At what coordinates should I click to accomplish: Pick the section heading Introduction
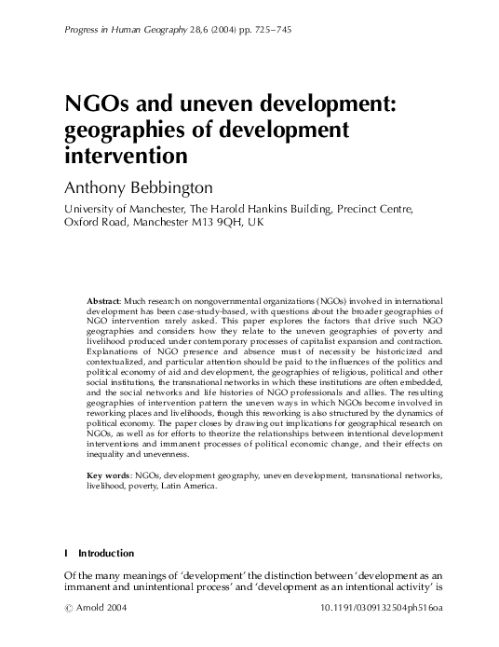(106, 554)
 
